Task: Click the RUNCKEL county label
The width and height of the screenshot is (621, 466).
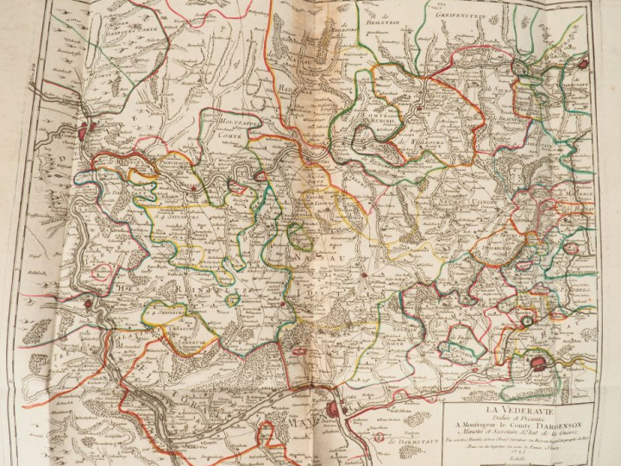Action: pos(381,120)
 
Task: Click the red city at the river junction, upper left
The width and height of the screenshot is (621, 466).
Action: pos(84,132)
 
